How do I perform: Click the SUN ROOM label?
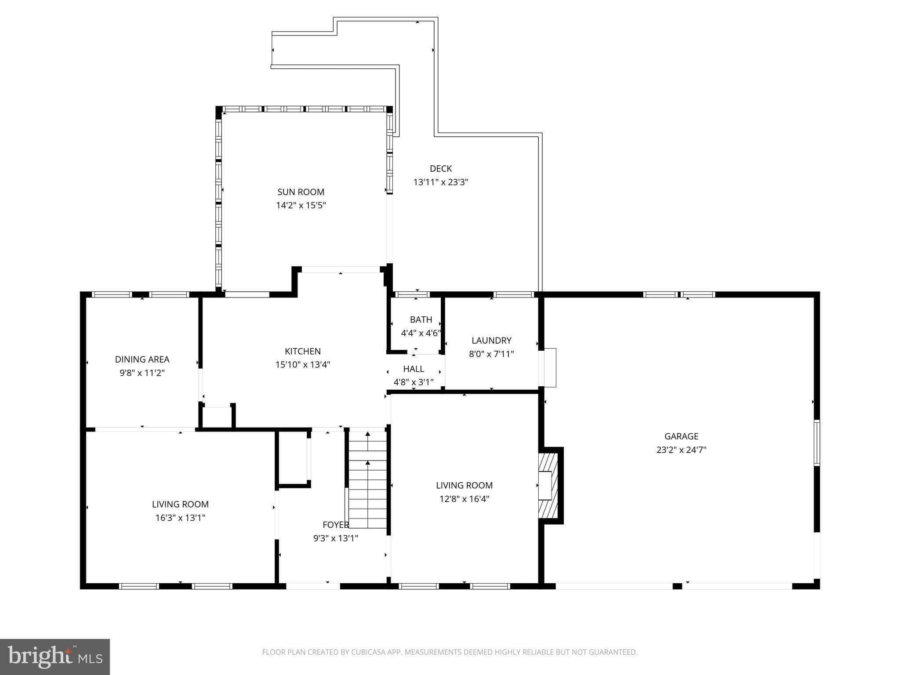[301, 192]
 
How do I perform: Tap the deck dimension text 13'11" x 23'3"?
[440, 182]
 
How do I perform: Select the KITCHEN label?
[302, 351]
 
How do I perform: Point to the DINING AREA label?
[142, 359]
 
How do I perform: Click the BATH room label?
[421, 319]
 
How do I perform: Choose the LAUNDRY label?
[491, 341]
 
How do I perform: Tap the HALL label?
[414, 369]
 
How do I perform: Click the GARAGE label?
[681, 436]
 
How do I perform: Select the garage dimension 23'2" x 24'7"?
[681, 450]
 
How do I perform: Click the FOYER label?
[335, 525]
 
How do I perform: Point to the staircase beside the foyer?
[368, 479]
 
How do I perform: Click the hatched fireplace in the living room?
[548, 486]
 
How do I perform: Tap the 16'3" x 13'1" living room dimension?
[180, 518]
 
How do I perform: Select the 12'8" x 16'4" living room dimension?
[464, 499]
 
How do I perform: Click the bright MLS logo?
[54, 657]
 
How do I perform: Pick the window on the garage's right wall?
[817, 443]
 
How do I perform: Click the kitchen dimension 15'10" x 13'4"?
[302, 364]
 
